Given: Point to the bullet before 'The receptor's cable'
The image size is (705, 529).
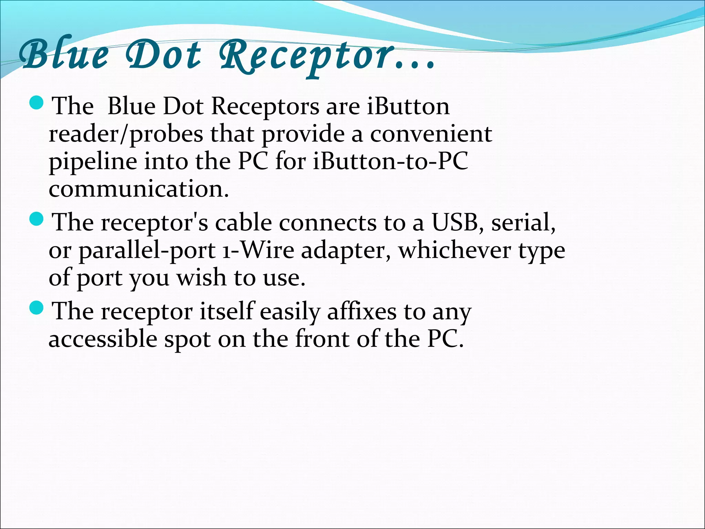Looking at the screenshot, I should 36,219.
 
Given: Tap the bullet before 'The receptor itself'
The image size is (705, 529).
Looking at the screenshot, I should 36,308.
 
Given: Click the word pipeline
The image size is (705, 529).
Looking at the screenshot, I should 93,162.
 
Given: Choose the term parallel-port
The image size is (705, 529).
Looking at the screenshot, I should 147,251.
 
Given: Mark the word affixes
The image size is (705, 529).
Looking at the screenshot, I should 362,312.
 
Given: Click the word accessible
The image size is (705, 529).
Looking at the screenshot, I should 103,339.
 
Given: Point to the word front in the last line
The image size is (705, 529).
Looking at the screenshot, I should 323,339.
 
